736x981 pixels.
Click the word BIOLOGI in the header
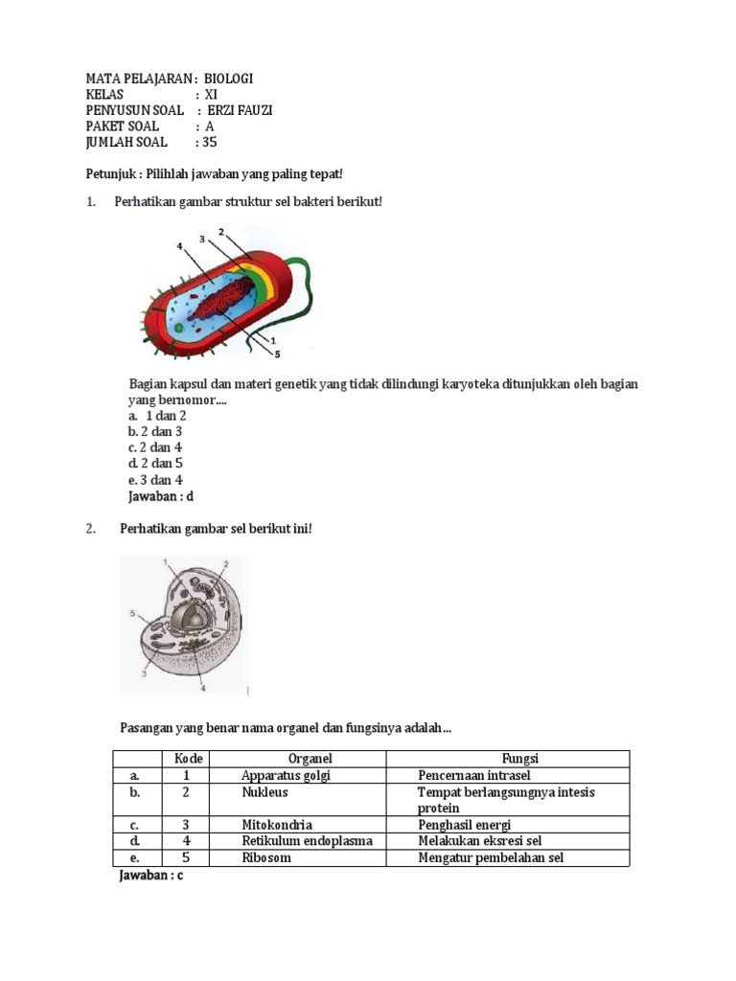click(x=229, y=79)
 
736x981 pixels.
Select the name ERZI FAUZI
click(x=240, y=110)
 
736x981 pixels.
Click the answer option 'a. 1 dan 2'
click(x=157, y=416)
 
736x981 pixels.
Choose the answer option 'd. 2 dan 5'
click(x=155, y=464)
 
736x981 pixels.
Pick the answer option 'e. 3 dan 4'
click(x=155, y=480)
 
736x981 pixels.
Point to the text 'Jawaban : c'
click(x=149, y=876)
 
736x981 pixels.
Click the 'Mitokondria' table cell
click(x=277, y=824)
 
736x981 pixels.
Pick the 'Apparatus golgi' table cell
click(x=286, y=775)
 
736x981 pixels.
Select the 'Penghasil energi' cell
click(x=464, y=824)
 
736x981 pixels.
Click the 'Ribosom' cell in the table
click(x=265, y=857)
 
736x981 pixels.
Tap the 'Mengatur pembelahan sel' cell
click(x=491, y=857)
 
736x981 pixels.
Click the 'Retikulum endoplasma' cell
click(x=307, y=840)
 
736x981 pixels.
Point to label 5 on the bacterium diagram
click(x=278, y=354)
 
